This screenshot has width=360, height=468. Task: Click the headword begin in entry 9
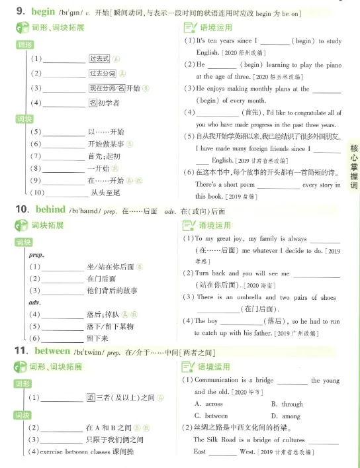[38, 12]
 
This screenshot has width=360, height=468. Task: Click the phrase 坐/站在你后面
[109, 266]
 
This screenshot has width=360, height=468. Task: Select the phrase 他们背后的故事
[112, 290]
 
